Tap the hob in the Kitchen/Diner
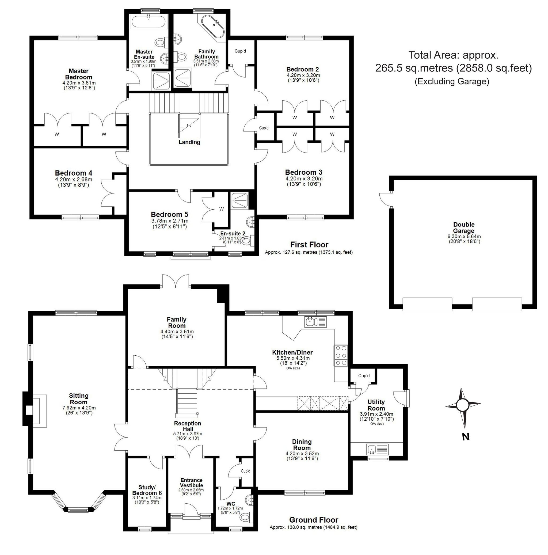pos(341,355)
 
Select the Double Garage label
pos(463,227)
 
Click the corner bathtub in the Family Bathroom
pos(212,26)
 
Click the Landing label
pos(189,142)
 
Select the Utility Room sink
pos(377,449)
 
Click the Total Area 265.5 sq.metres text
pos(453,68)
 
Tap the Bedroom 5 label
pos(169,214)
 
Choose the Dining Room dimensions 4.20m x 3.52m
pos(302,454)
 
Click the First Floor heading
pos(309,245)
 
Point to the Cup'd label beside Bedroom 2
pos(240,51)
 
